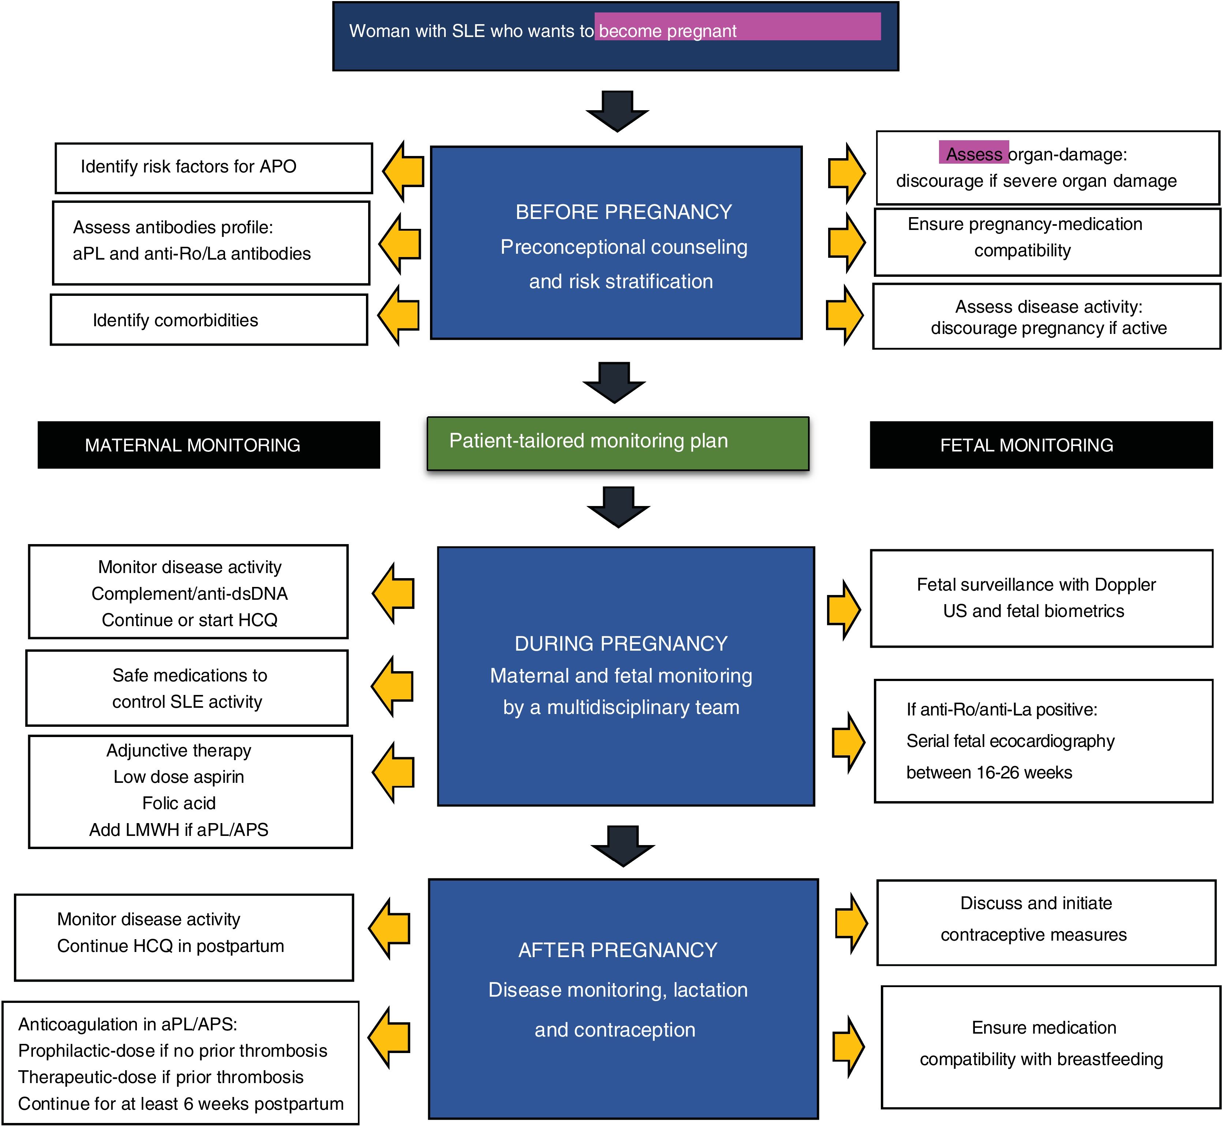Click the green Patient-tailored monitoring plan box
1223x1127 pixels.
pyautogui.click(x=618, y=443)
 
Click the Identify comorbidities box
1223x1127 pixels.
pyautogui.click(x=209, y=320)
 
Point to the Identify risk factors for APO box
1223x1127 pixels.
pyautogui.click(x=214, y=168)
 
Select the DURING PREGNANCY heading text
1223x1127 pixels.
pyautogui.click(x=621, y=643)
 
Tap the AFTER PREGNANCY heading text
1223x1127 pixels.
pyautogui.click(x=618, y=950)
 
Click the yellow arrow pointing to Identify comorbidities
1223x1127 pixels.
pyautogui.click(x=399, y=315)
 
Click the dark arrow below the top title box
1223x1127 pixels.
pyautogui.click(x=617, y=111)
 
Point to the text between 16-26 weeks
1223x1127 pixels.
pyautogui.click(x=989, y=772)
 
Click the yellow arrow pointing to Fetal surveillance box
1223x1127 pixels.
pyautogui.click(x=844, y=610)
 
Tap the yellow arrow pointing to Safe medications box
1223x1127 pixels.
pyautogui.click(x=392, y=686)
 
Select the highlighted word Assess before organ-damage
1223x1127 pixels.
pyautogui.click(x=974, y=154)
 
